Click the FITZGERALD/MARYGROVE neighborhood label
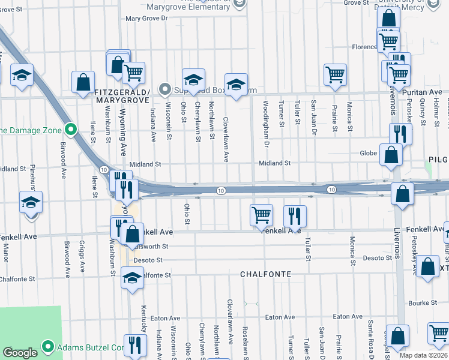tap(122, 96)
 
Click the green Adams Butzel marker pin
tap(49, 347)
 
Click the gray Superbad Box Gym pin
tap(165, 90)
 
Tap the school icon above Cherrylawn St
tap(194, 79)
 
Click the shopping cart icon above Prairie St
tap(335, 74)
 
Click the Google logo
tap(20, 353)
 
